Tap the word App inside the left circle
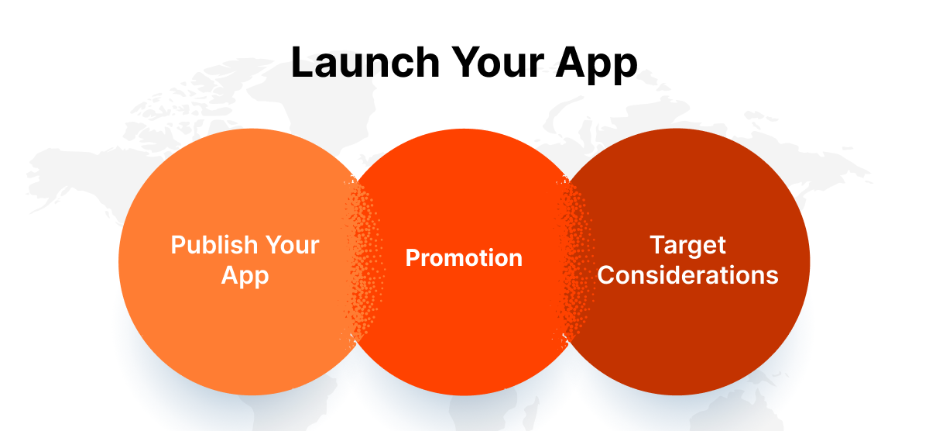[x=245, y=275]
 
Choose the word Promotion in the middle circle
[x=464, y=257]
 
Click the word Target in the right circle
[x=687, y=245]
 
